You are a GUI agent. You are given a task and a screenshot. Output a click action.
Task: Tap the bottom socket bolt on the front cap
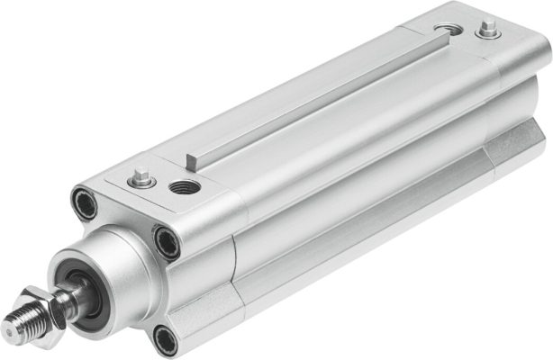[x=164, y=338]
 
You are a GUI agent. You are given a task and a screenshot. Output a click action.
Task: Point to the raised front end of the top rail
[x=197, y=161]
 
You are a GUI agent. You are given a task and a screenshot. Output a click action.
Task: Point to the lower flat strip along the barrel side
[x=360, y=243]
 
